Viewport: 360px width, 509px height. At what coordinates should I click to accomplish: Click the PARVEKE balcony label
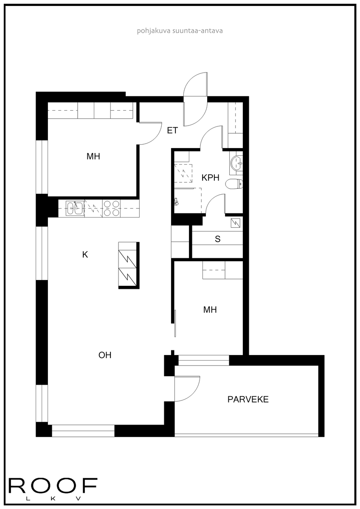[248, 399]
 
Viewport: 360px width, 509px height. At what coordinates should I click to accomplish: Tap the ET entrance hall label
[172, 131]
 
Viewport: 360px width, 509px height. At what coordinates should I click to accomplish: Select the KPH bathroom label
[211, 178]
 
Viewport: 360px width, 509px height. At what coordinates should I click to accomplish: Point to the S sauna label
[218, 239]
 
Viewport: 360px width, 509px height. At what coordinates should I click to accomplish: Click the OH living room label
[105, 355]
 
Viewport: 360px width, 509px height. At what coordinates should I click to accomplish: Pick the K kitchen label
[85, 255]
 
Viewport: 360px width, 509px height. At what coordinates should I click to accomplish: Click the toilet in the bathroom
[234, 184]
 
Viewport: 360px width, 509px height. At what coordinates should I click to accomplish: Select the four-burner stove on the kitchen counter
[111, 208]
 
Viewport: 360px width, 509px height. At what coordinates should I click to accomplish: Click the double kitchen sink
[75, 208]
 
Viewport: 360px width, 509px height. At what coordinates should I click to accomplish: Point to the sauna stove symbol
[235, 223]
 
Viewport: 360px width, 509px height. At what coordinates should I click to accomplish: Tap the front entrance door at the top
[195, 99]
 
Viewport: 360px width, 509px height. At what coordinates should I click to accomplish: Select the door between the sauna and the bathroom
[215, 204]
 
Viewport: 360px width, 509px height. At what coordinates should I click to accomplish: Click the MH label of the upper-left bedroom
[93, 157]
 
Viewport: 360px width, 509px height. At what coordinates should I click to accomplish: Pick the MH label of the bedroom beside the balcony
[210, 310]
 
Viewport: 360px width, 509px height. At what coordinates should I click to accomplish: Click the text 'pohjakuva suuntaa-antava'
[180, 31]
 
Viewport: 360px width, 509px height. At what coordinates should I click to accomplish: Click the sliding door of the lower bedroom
[175, 323]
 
